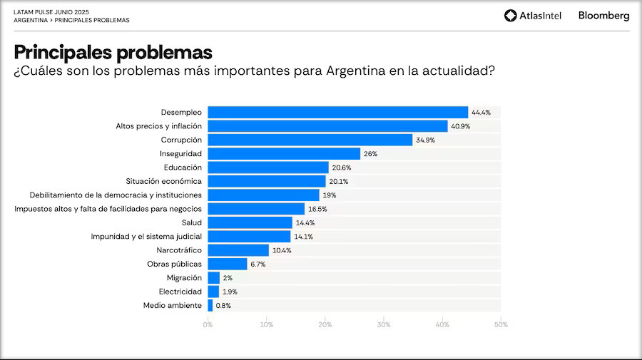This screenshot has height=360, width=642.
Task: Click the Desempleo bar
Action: (x=337, y=112)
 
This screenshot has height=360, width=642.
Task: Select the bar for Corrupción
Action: (x=310, y=140)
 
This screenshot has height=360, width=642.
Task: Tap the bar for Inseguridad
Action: (x=284, y=153)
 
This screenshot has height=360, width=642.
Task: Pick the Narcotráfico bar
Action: (x=238, y=250)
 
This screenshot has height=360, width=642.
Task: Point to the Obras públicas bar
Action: (x=227, y=264)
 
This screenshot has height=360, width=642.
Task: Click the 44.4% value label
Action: (x=481, y=113)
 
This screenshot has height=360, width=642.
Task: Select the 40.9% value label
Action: (x=460, y=126)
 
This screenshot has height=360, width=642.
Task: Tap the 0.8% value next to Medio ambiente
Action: (x=223, y=306)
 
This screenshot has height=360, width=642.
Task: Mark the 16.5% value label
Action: (x=317, y=209)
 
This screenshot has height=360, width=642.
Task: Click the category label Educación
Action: (x=183, y=168)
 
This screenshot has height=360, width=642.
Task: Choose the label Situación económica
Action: (x=164, y=181)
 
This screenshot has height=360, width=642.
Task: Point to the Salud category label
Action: (x=192, y=222)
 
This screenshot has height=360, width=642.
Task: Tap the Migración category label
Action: (x=184, y=278)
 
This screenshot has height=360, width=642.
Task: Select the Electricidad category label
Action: (x=180, y=292)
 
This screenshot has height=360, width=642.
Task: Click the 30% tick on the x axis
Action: (x=384, y=325)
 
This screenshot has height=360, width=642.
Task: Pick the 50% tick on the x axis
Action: (x=501, y=325)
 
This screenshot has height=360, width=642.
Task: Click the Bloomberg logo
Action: (x=603, y=16)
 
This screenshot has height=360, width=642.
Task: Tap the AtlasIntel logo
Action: (x=533, y=16)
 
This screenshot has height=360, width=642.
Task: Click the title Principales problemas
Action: (x=113, y=52)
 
